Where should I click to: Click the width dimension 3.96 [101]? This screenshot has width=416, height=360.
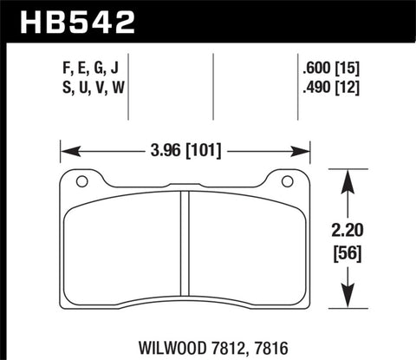coord(184,151)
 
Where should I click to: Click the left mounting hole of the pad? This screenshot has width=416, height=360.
coord(81,181)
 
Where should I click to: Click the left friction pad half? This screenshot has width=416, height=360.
coord(121,252)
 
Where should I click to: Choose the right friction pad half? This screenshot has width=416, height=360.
coord(246,252)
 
